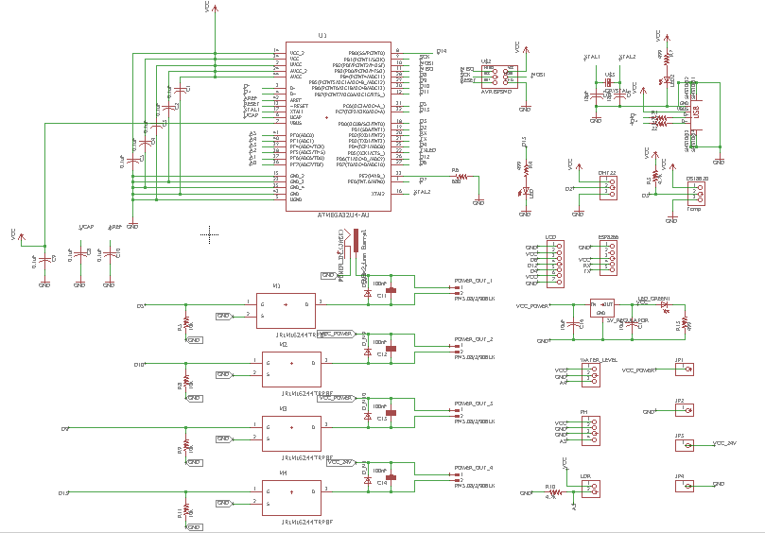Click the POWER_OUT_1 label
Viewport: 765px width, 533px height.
474,281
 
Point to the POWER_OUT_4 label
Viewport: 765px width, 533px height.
474,468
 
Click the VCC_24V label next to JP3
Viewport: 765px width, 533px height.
730,442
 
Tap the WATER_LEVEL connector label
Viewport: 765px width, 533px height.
598,360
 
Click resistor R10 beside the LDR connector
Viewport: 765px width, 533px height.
555,492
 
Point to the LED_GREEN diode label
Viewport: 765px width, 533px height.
653,298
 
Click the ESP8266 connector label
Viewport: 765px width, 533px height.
608,238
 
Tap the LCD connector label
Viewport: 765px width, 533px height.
550,238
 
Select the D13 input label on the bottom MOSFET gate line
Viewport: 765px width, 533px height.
63,492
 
